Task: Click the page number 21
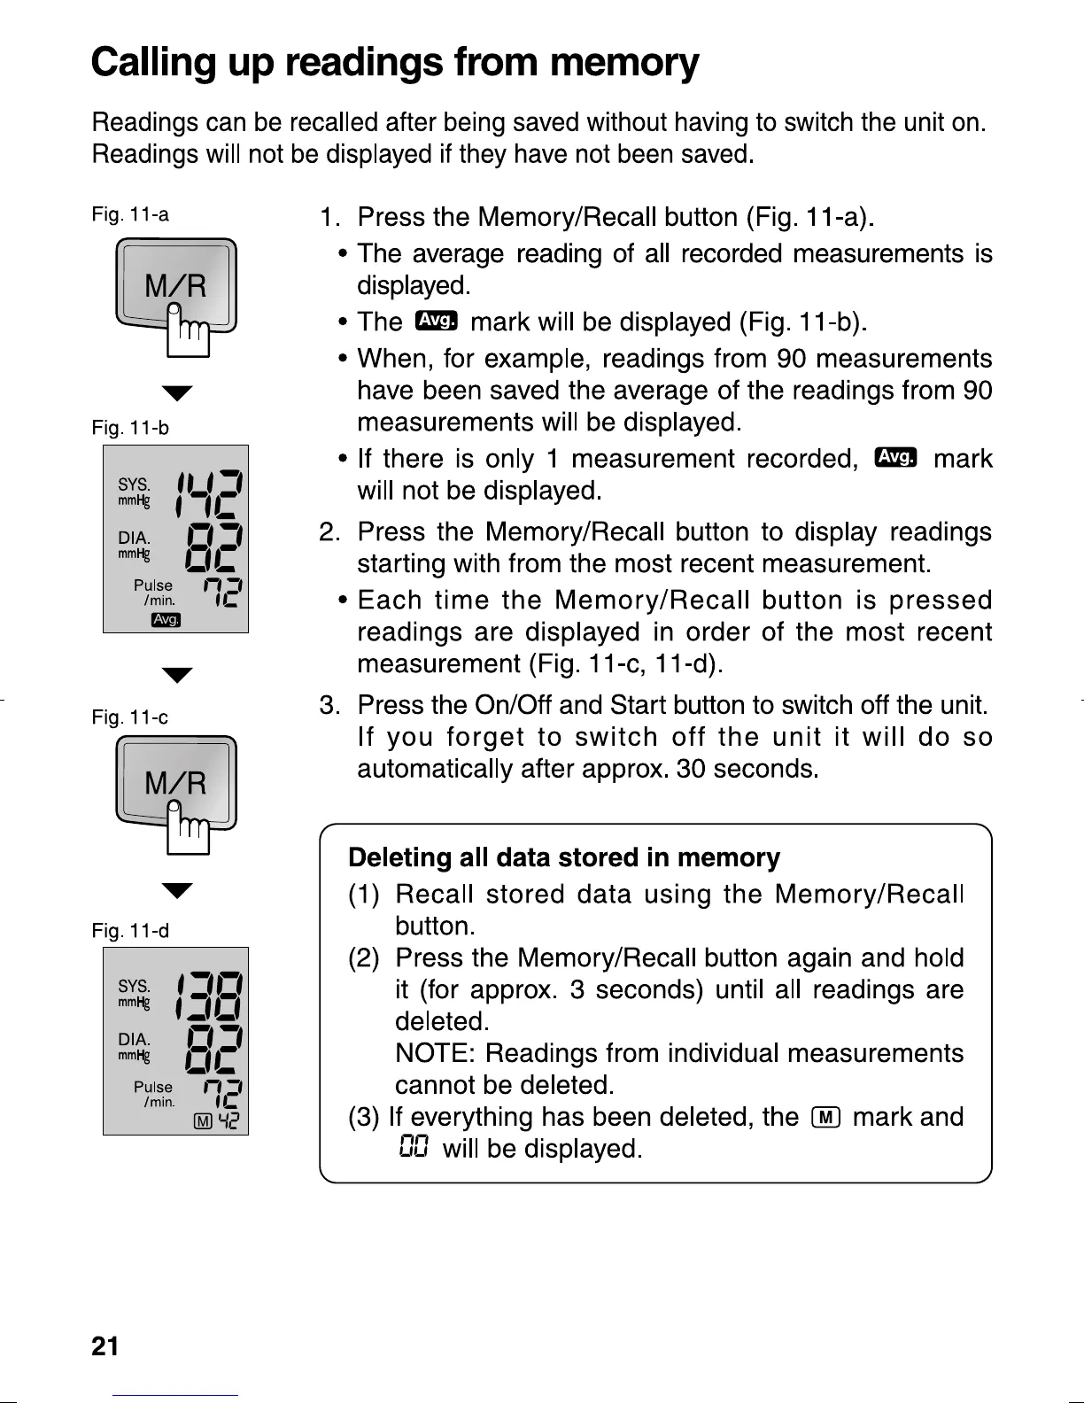pyautogui.click(x=105, y=1346)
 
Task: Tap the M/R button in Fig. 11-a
pyautogui.click(x=175, y=286)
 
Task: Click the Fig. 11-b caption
pyautogui.click(x=130, y=429)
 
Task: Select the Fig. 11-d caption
pyautogui.click(x=130, y=931)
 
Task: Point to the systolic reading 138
pyautogui.click(x=211, y=997)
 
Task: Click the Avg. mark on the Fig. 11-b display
pyautogui.click(x=166, y=619)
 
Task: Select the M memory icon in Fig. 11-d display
pyautogui.click(x=203, y=1121)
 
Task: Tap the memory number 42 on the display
pyautogui.click(x=228, y=1121)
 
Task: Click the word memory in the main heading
pyautogui.click(x=623, y=63)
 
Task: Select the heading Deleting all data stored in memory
pyautogui.click(x=564, y=857)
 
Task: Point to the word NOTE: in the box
pyautogui.click(x=436, y=1053)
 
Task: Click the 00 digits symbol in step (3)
pyautogui.click(x=414, y=1148)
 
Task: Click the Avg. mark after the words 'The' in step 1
pyautogui.click(x=436, y=321)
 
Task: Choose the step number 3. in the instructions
pyautogui.click(x=329, y=706)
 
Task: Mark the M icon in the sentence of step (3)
pyautogui.click(x=825, y=1118)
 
